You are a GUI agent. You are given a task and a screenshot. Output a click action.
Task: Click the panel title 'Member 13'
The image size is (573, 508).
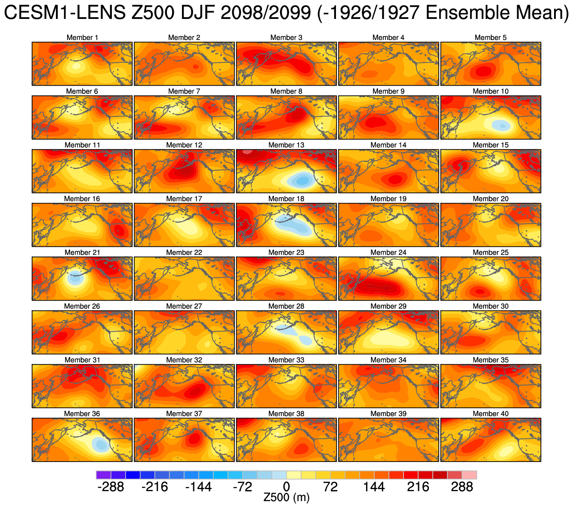click(x=286, y=145)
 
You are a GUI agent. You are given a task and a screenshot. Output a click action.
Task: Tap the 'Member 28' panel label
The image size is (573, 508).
click(x=286, y=306)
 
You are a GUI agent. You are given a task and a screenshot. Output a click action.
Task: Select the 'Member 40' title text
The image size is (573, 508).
click(x=490, y=414)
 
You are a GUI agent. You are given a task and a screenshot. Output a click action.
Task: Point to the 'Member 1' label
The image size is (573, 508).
click(x=82, y=37)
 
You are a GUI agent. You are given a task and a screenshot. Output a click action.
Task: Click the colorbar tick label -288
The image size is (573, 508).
click(x=111, y=487)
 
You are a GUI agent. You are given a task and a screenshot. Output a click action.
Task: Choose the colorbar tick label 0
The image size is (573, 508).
click(x=286, y=487)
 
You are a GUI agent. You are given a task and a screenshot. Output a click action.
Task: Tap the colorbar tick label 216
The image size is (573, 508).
click(x=418, y=487)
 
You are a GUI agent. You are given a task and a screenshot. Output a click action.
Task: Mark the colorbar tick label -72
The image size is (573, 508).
click(x=242, y=487)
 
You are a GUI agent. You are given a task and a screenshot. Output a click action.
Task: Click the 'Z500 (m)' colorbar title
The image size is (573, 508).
click(x=286, y=498)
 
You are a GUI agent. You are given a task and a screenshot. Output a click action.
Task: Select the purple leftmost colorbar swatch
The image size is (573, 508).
click(x=104, y=475)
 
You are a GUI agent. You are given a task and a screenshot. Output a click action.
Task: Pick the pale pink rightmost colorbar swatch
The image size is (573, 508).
click(x=469, y=475)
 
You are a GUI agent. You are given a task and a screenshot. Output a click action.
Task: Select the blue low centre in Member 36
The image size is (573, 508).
click(x=100, y=444)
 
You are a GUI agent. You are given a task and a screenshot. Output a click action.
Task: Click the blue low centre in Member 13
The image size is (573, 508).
click(x=302, y=179)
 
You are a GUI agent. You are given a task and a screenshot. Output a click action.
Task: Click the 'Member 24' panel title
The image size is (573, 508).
click(x=388, y=252)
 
